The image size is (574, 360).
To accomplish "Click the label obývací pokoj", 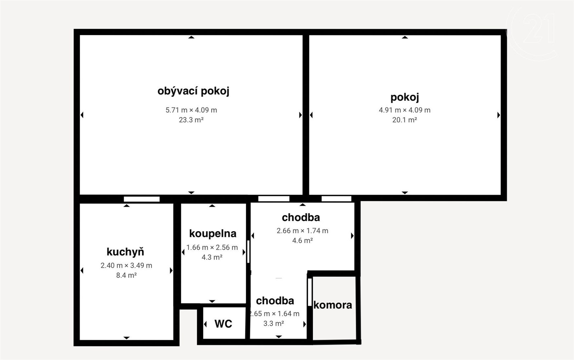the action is click(193, 91).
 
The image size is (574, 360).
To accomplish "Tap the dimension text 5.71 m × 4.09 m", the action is click(191, 110).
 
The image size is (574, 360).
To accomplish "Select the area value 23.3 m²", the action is click(191, 120).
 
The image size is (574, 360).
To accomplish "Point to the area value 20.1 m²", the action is click(405, 120).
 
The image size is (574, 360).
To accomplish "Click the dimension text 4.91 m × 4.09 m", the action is click(405, 110).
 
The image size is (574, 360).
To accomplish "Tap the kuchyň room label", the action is click(125, 252).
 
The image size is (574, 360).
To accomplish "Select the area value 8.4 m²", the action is click(126, 275).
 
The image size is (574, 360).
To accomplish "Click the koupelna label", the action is click(213, 234).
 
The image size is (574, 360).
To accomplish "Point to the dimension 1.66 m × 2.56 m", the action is click(212, 247).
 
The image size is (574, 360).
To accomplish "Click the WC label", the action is click(223, 324).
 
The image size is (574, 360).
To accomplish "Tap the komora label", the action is click(333, 305).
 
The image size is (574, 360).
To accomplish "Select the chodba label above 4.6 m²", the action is click(301, 218).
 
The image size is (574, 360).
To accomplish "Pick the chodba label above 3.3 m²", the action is click(275, 301).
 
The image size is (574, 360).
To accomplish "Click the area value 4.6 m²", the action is click(302, 240).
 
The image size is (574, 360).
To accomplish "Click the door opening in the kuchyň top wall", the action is click(142, 199).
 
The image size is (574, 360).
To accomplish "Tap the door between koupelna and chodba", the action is click(248, 252).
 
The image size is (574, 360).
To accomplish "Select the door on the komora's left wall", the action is click(310, 292).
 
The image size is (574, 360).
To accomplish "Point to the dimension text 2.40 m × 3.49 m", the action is click(126, 265).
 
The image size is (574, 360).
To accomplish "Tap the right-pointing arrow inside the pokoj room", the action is click(499, 115).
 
